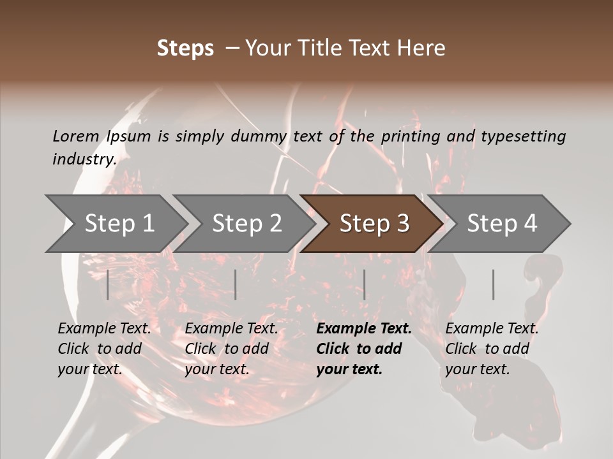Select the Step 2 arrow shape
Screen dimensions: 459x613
click(246, 223)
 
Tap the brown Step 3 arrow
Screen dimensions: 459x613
click(374, 223)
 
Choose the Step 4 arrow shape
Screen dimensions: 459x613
click(502, 223)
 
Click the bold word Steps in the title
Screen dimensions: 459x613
click(185, 48)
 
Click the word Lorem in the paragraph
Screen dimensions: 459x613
click(76, 136)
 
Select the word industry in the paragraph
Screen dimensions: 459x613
click(84, 159)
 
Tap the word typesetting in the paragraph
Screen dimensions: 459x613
click(523, 136)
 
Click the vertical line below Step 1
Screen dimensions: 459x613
click(108, 284)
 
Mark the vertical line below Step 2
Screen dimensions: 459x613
click(236, 284)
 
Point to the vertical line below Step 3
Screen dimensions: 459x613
click(364, 284)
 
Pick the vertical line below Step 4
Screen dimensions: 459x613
click(493, 284)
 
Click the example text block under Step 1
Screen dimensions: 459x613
click(104, 349)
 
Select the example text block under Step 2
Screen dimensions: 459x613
click(231, 349)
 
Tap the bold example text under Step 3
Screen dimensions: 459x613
click(364, 349)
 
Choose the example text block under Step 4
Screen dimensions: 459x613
click(492, 349)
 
